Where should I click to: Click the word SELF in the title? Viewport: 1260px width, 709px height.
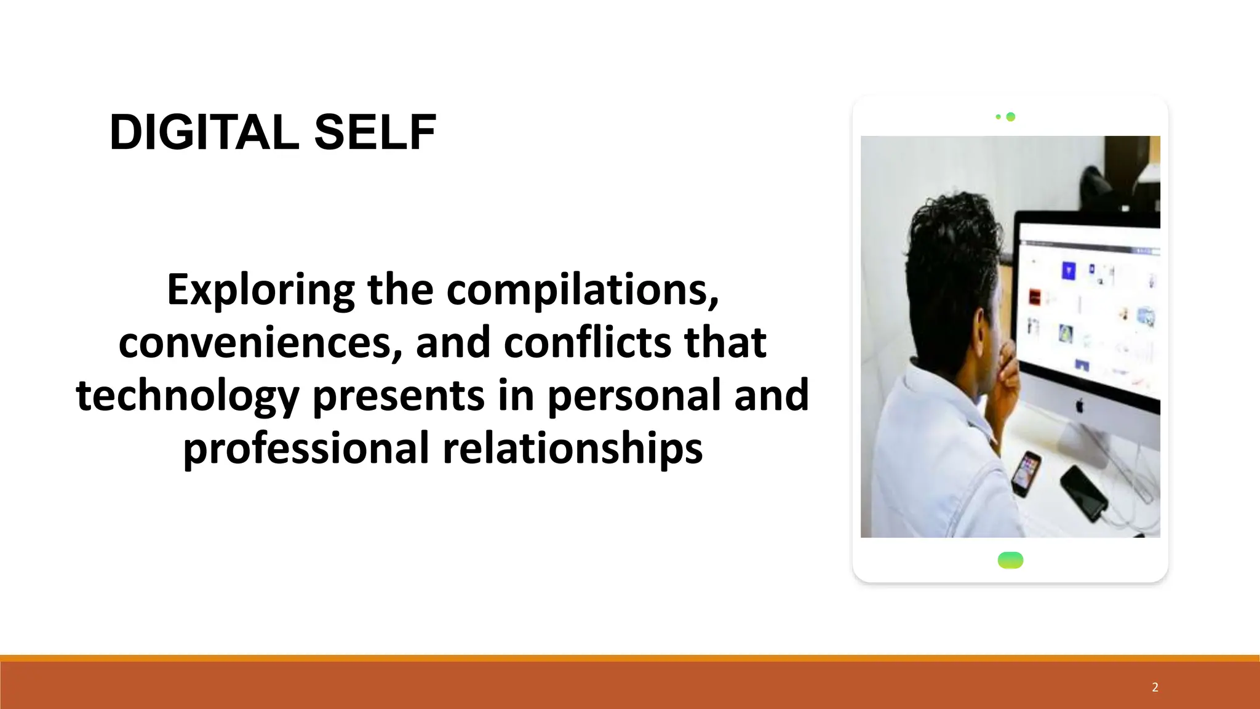click(x=375, y=132)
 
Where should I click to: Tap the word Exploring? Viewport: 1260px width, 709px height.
click(x=260, y=289)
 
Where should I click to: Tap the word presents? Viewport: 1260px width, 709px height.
click(x=399, y=396)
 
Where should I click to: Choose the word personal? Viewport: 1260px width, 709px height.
click(x=634, y=396)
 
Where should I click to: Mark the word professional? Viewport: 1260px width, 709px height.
click(x=306, y=448)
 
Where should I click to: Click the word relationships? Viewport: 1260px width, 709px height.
click(x=573, y=448)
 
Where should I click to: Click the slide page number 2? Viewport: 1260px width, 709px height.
click(x=1155, y=687)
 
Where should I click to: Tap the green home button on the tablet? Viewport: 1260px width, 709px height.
click(x=1010, y=560)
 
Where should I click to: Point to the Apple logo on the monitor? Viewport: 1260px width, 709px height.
click(x=1079, y=406)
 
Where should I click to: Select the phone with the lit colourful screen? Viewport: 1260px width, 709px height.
click(x=1026, y=473)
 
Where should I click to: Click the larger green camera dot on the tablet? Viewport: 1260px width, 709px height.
click(x=1010, y=117)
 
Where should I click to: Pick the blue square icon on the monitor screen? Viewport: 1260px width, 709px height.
click(x=1069, y=271)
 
